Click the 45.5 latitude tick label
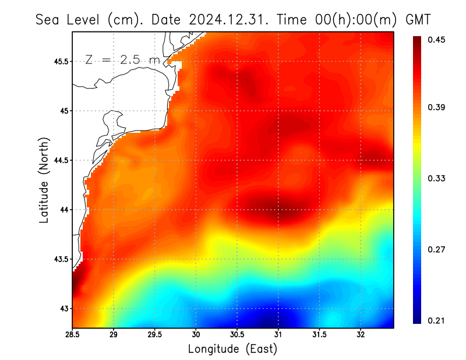[x=59, y=61]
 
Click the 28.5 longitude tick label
[x=72, y=334]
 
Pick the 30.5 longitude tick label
[x=237, y=334]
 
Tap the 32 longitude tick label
[x=361, y=334]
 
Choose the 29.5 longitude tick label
[x=154, y=334]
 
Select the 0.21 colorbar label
[x=437, y=320]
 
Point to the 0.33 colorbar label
[x=437, y=178]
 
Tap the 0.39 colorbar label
[x=437, y=107]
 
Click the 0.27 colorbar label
[x=437, y=249]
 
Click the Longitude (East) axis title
[x=232, y=349]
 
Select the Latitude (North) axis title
[x=44, y=180]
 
